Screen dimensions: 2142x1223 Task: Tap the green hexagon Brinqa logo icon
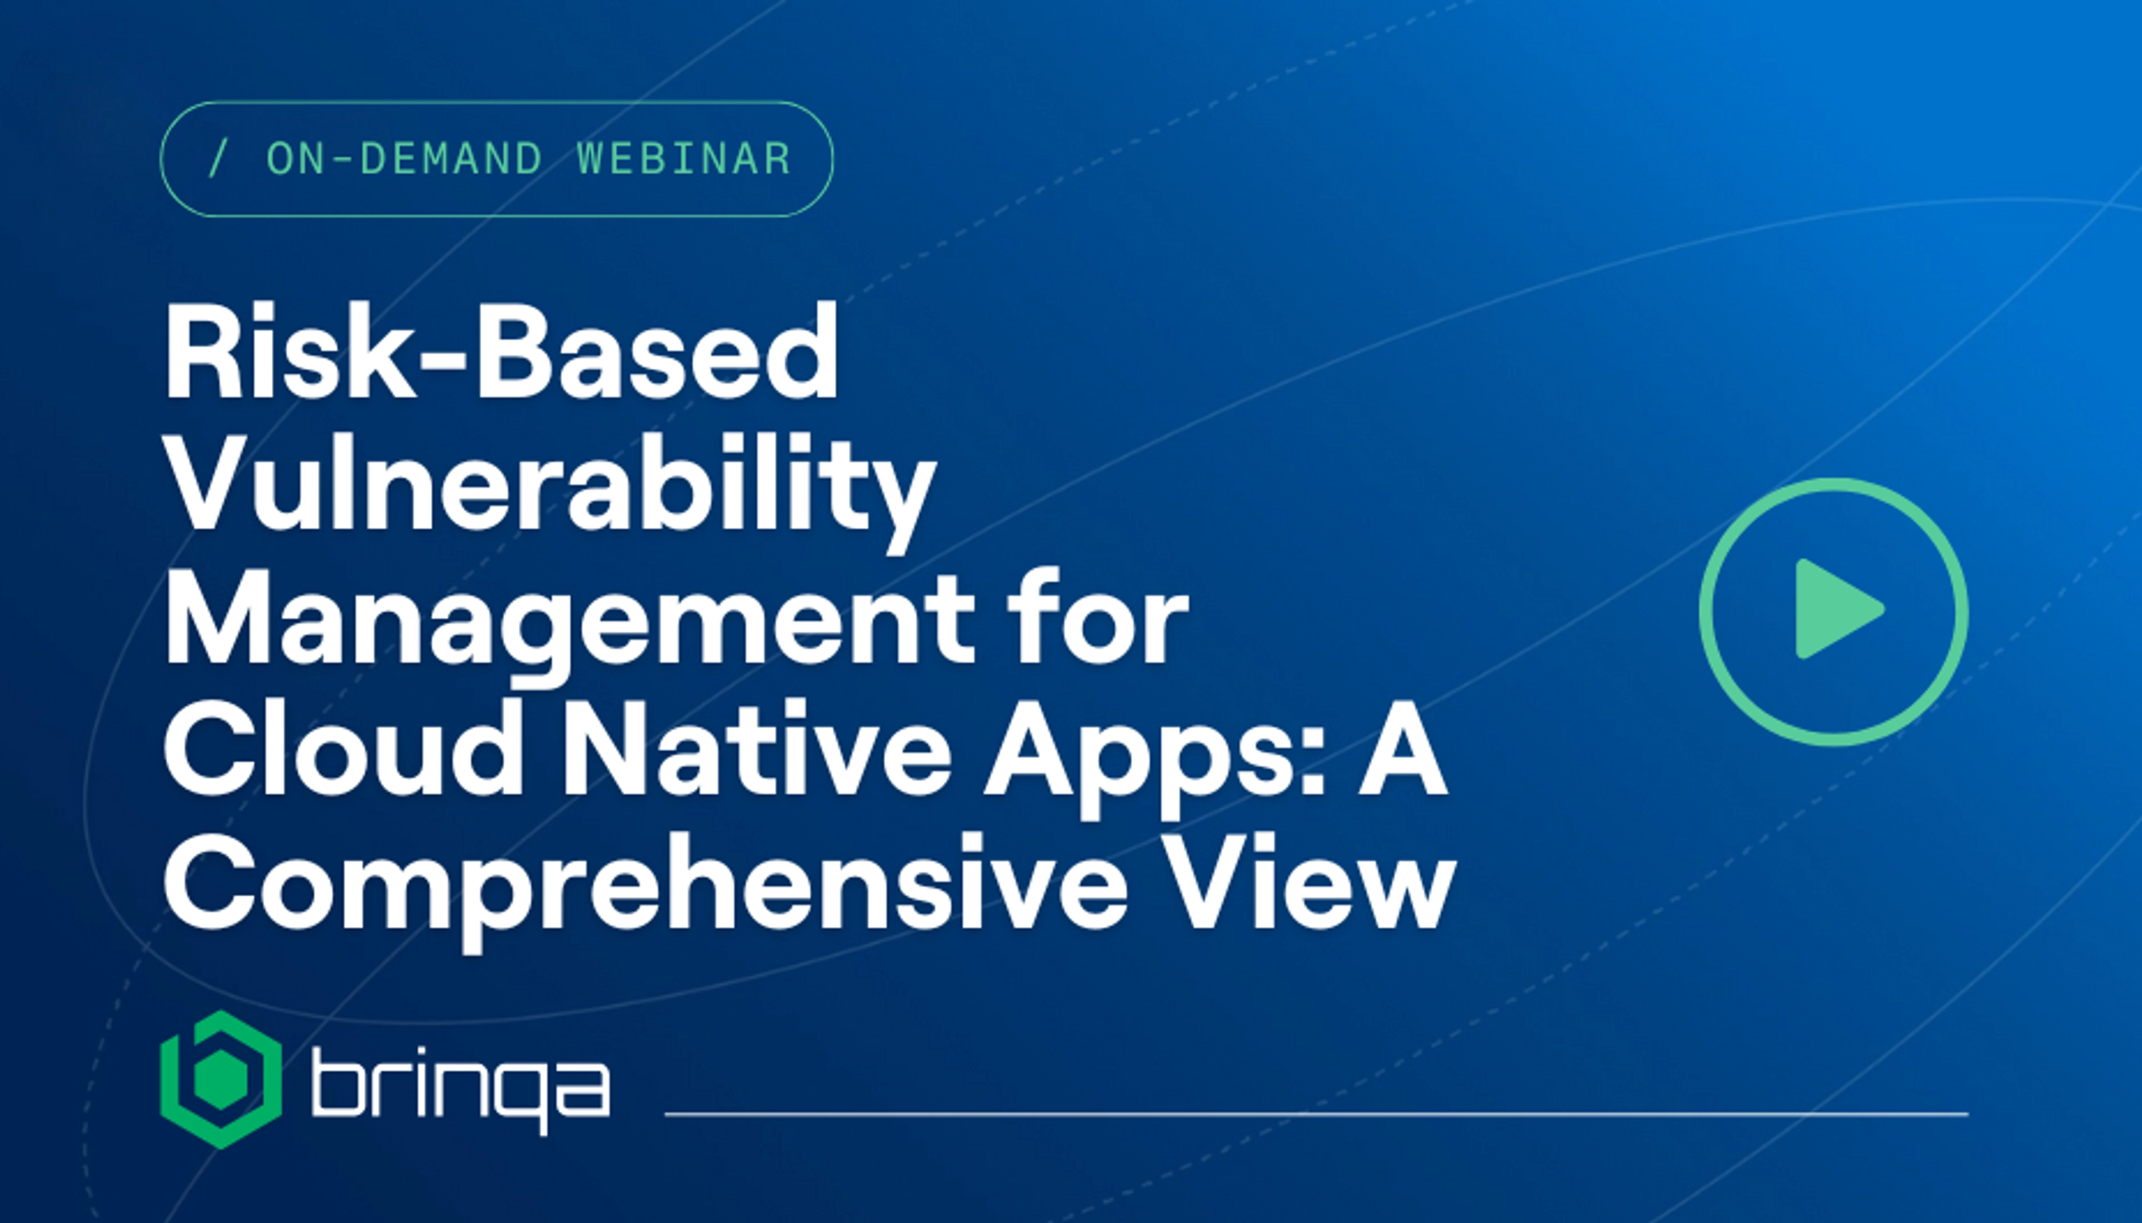[x=221, y=1079]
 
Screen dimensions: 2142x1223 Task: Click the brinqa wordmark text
[x=460, y=1090]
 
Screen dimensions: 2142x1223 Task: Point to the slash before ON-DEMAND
[x=217, y=159]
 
